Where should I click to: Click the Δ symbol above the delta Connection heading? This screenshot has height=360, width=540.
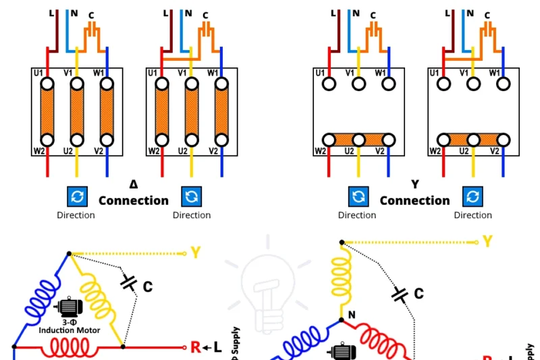tap(134, 184)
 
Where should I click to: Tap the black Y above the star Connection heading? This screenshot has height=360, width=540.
tap(415, 184)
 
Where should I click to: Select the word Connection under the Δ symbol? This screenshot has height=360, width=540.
tap(134, 201)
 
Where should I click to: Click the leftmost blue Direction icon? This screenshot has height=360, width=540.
tap(76, 197)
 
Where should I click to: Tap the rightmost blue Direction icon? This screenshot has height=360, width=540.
tap(472, 197)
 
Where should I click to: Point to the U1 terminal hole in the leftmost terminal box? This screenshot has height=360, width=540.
tap(47, 84)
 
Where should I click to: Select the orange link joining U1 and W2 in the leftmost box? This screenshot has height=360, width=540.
tap(47, 111)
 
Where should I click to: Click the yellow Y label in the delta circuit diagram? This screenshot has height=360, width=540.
tap(196, 253)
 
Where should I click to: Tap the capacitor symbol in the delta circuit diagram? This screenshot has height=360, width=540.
tap(129, 283)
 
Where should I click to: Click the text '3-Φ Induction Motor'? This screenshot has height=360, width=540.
tap(69, 326)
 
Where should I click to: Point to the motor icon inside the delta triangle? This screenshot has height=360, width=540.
tap(69, 308)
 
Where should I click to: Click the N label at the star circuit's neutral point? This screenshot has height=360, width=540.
tap(351, 315)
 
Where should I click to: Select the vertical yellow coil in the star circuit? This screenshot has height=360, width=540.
tap(342, 278)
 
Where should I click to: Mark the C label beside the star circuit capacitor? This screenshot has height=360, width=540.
tap(418, 294)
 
